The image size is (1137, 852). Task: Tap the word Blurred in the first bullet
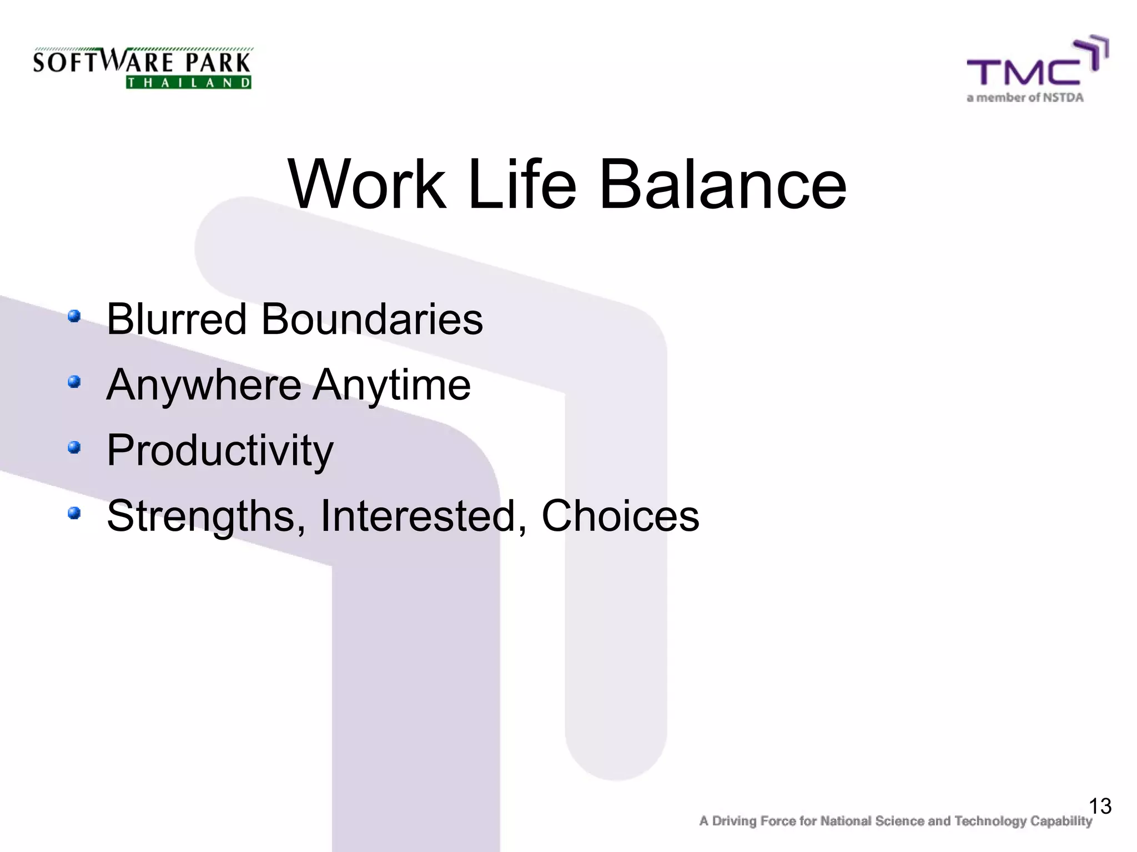(177, 319)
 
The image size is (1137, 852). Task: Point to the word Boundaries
(372, 319)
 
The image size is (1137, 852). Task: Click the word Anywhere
(204, 385)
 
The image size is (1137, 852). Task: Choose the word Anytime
(392, 385)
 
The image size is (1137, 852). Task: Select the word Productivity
(220, 450)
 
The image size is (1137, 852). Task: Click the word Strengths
(205, 516)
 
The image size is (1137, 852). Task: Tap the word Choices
(620, 516)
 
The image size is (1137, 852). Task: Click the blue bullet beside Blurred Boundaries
(74, 317)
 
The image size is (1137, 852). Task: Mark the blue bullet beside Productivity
(74, 447)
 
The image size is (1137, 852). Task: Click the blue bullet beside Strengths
(74, 513)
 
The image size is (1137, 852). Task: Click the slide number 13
(1100, 806)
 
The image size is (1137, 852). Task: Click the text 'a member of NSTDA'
(1025, 98)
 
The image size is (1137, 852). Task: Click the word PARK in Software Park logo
(218, 62)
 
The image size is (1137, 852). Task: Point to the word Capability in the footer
(1061, 821)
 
